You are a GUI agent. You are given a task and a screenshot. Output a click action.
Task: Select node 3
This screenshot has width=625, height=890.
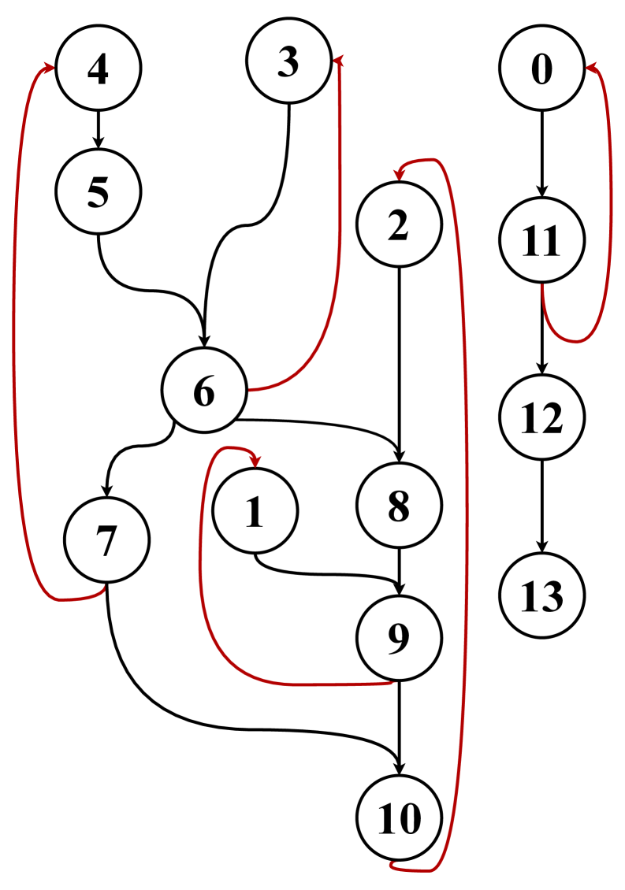(x=288, y=65)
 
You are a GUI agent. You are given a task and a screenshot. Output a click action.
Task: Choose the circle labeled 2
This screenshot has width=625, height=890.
(x=399, y=226)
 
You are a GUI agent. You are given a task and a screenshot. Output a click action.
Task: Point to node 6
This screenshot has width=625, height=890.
(x=203, y=391)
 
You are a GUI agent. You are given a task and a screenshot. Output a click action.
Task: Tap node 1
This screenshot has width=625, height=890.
(x=255, y=511)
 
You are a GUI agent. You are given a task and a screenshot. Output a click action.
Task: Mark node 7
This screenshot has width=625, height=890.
(x=106, y=541)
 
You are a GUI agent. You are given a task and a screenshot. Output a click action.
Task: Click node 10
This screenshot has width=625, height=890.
(x=399, y=819)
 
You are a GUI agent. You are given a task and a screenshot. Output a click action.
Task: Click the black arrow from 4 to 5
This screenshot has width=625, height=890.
(x=98, y=130)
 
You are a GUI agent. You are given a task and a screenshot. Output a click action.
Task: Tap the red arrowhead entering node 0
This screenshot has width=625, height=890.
(x=590, y=69)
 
